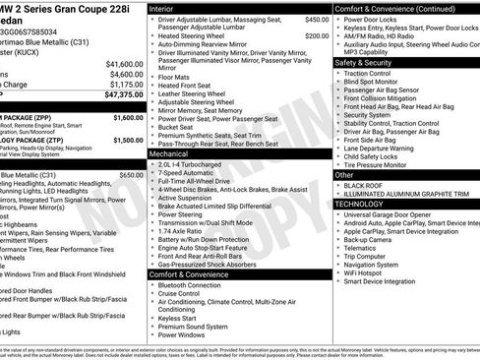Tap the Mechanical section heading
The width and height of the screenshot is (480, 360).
175,154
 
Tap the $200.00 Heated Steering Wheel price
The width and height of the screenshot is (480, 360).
316,35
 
